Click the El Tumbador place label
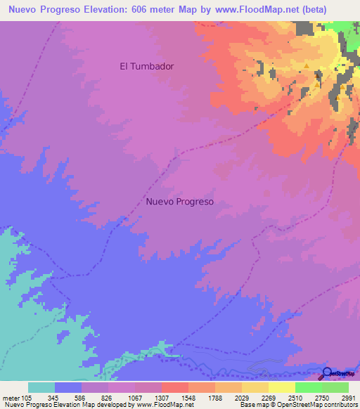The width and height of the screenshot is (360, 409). [x=147, y=66]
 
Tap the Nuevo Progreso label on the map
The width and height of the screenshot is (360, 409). [x=180, y=201]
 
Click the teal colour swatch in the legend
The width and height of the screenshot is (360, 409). [x=41, y=387]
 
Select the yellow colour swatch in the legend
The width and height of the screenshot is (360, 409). [x=282, y=387]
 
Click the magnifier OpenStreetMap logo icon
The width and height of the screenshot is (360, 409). [x=328, y=374]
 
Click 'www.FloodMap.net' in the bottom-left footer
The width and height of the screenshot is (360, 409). [x=160, y=405]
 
